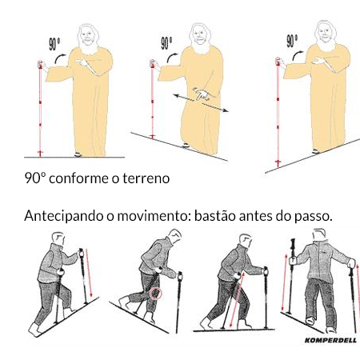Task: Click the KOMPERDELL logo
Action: click(330, 340)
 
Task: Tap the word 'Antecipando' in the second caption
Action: click(64, 216)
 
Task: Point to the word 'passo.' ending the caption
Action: click(314, 217)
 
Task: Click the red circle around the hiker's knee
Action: click(155, 294)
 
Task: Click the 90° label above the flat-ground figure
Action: click(54, 44)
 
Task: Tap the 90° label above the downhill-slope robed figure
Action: click(166, 43)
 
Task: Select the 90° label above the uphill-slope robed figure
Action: click(292, 41)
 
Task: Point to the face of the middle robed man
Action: click(199, 34)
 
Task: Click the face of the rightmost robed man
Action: click(324, 33)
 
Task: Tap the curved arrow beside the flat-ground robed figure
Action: click(60, 58)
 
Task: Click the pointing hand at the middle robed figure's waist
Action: click(202, 95)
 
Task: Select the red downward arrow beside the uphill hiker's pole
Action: click(90, 274)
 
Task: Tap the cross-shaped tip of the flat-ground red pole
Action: click(40, 154)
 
